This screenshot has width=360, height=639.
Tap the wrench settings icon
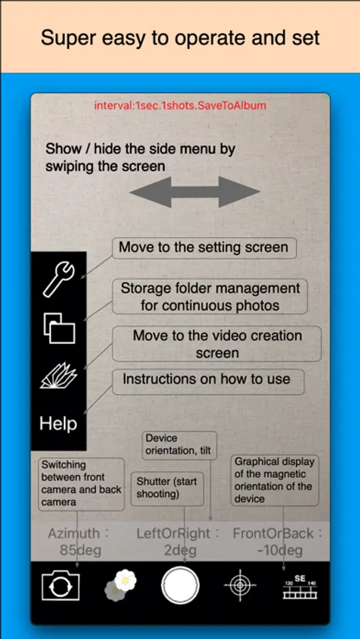58,280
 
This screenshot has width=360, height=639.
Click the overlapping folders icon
59,328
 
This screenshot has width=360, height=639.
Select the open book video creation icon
59,376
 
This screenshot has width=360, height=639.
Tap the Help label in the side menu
58,424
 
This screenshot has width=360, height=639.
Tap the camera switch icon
60,585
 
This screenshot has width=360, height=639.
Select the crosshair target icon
240,585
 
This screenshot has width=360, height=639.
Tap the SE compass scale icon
300,587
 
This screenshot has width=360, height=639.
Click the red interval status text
180,106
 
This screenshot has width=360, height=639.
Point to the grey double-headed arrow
195,192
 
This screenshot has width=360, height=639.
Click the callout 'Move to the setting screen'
204,248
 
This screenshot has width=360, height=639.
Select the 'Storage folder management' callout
210,296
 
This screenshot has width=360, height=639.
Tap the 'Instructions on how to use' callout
208,381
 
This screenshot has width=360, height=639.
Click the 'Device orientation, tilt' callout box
179,445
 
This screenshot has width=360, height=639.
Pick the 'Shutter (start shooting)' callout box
167,488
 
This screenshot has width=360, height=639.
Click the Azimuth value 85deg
80,551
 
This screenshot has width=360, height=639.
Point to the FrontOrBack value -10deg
280,551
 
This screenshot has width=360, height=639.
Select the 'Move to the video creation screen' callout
217,344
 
